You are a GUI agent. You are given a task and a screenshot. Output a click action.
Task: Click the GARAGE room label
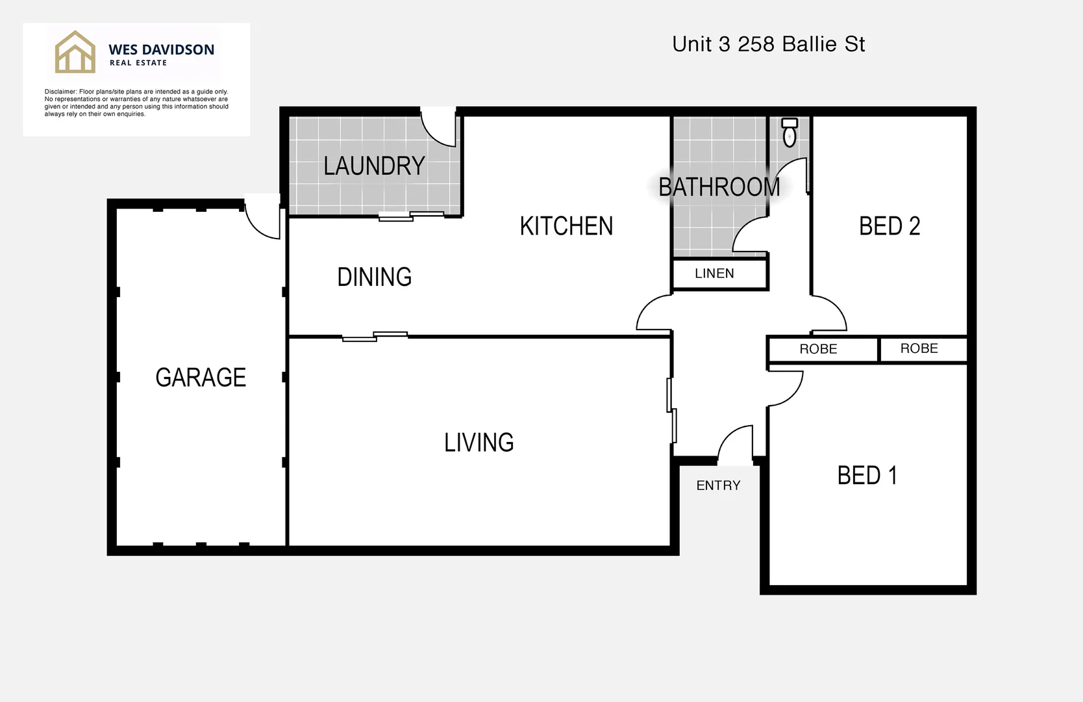click(201, 378)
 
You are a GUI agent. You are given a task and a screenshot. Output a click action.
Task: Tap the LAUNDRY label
click(374, 166)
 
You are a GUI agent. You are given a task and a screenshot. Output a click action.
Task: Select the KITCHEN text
click(566, 226)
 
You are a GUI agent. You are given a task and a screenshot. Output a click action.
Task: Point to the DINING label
click(374, 277)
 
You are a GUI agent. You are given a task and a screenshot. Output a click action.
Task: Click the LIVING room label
click(479, 443)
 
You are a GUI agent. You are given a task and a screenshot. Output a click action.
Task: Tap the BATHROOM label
click(719, 187)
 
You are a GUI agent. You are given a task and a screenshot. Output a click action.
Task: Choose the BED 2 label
click(889, 226)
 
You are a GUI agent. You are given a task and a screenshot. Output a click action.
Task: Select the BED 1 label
click(867, 476)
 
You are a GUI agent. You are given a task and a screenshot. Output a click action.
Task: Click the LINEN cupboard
click(714, 274)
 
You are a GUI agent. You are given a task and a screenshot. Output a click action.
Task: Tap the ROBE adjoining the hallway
click(818, 349)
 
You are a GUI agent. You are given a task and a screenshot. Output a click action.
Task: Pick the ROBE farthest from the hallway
click(919, 348)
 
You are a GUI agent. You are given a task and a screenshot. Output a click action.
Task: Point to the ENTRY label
click(718, 486)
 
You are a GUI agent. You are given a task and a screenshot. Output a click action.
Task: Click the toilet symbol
click(790, 133)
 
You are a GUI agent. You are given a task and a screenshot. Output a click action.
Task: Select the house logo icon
click(75, 52)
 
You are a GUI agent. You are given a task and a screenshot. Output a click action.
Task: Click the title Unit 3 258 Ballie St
click(768, 44)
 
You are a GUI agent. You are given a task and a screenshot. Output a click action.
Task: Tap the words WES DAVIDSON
click(161, 49)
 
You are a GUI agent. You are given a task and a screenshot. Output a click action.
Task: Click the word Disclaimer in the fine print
click(60, 92)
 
